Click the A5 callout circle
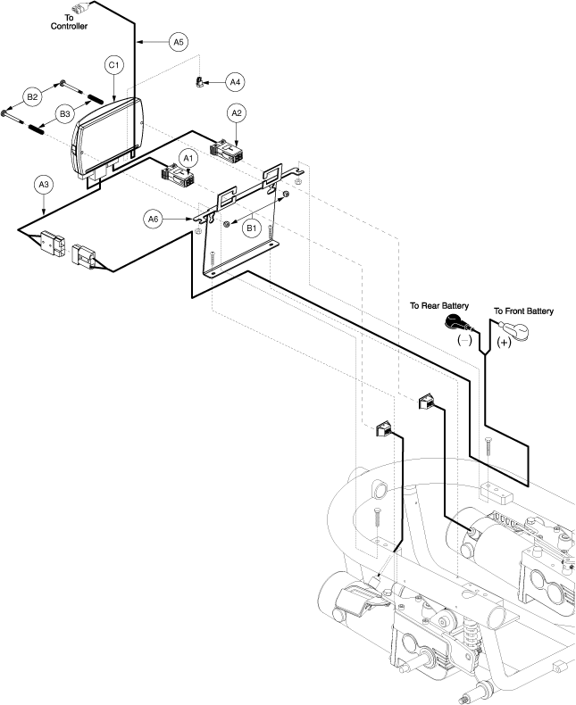pos(179,42)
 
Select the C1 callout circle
pos(113,65)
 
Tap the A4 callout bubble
pos(235,82)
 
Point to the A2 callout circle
pos(237,113)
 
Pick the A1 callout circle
pos(188,158)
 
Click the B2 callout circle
pos(32,96)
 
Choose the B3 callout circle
pos(65,113)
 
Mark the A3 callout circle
pos(43,185)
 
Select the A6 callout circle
pos(153,219)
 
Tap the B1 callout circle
pos(251,228)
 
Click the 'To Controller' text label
pos(69,22)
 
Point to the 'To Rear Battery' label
pos(439,306)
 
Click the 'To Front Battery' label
pos(523,311)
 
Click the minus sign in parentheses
pos(464,340)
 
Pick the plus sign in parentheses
pos(504,342)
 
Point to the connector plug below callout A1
pos(178,175)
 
